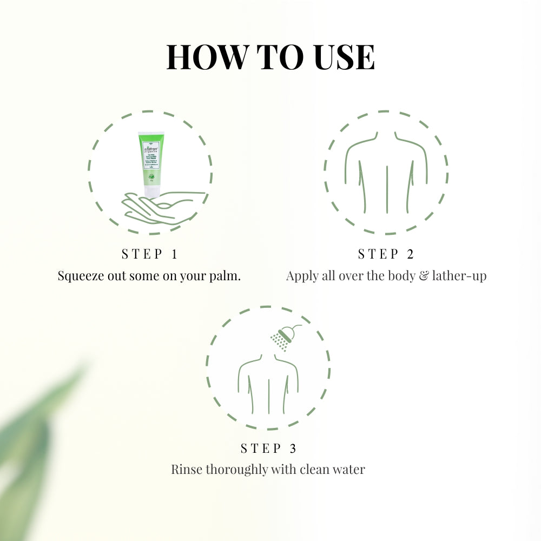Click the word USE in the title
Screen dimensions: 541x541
point(342,57)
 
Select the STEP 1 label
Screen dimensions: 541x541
point(149,254)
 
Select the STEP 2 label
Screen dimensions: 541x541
point(386,254)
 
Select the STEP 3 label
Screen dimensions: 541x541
point(268,448)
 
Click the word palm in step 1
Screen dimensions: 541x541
point(225,276)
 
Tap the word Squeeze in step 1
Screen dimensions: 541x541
point(81,276)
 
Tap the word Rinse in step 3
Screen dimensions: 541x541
point(185,469)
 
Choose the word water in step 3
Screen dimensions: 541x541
point(347,469)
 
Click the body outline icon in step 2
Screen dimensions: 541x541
point(386,173)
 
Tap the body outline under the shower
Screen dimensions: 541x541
point(268,384)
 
